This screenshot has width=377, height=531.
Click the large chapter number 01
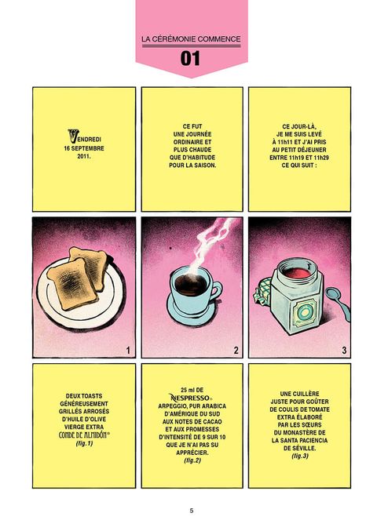[190, 59]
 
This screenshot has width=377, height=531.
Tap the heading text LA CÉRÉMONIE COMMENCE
[191, 39]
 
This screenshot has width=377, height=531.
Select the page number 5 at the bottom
[191, 511]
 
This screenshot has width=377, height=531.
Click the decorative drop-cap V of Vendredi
[73, 136]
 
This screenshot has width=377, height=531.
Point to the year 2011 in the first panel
[83, 156]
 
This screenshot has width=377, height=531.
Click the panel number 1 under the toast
[128, 350]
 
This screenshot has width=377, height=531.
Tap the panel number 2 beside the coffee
[236, 350]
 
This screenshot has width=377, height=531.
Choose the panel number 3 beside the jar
[344, 350]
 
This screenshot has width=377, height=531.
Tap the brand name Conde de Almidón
[84, 435]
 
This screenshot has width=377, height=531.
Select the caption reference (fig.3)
[300, 456]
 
